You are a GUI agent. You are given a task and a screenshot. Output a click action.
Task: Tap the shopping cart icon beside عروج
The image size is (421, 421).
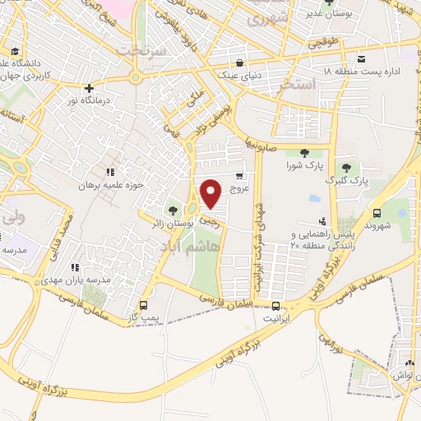point(239,175)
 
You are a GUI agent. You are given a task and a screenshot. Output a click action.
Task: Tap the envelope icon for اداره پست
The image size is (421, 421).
point(362,58)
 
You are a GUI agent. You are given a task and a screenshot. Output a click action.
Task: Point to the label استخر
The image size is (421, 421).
point(297,85)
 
